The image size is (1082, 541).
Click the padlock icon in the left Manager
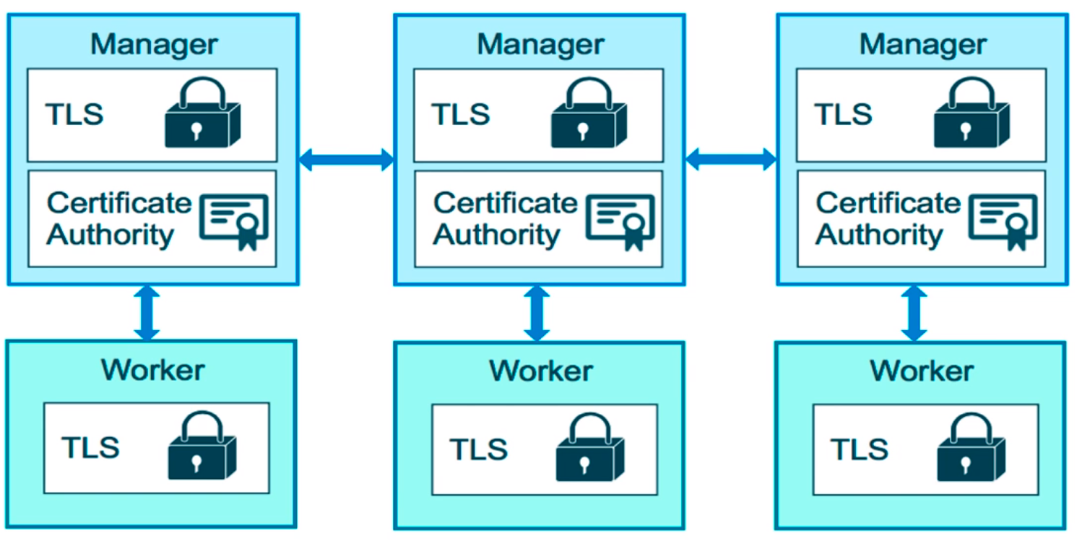[x=202, y=114]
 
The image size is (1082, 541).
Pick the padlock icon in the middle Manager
[x=588, y=114]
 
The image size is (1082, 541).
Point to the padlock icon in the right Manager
[x=971, y=114]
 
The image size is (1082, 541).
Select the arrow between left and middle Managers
[x=346, y=160]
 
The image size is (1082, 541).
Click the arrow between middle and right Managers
[x=730, y=160]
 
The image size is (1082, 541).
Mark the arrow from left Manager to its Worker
[x=147, y=312]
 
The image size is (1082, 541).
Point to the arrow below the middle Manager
[x=536, y=312]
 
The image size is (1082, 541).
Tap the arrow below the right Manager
[x=914, y=312]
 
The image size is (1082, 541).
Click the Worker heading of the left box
[x=152, y=369]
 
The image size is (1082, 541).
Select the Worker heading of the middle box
[x=541, y=371]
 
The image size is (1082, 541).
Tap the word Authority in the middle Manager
[x=497, y=235]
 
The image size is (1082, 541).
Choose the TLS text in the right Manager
[x=844, y=114]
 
